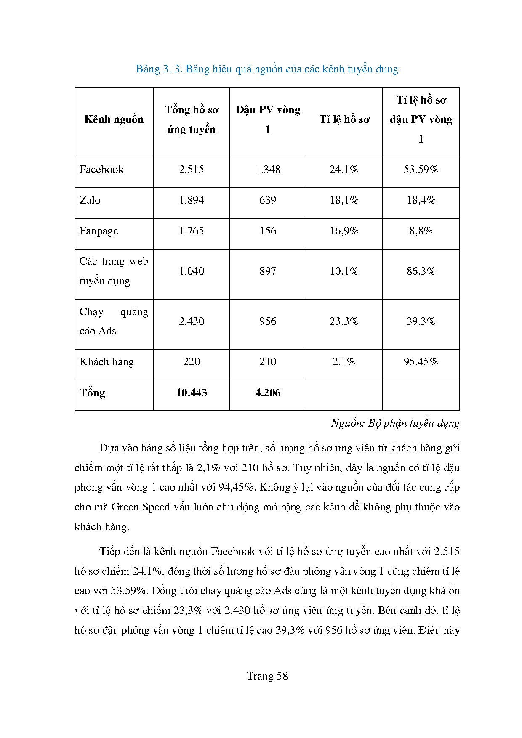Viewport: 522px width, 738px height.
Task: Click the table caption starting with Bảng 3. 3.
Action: point(267,69)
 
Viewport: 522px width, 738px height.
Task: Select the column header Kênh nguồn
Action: point(114,119)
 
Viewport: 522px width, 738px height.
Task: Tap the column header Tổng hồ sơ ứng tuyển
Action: point(192,119)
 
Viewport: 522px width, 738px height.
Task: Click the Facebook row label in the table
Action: point(101,170)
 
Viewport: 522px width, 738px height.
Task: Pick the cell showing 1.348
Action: point(268,170)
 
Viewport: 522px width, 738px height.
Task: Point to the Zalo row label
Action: point(90,200)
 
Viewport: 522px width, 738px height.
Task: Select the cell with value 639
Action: point(268,200)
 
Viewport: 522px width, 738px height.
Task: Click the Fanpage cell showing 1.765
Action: point(192,231)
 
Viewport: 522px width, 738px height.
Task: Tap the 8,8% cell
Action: point(421,231)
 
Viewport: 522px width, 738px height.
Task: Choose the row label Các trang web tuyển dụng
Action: point(114,271)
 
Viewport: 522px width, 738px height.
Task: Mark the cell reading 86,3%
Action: point(421,271)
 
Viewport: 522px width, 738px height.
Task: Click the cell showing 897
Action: point(268,271)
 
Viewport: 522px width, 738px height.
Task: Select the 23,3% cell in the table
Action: point(344,321)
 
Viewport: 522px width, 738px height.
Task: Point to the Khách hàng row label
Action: point(107,362)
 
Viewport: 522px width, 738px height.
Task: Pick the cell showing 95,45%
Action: point(421,362)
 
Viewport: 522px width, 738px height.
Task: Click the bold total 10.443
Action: point(192,393)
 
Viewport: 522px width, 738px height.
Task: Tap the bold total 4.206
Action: point(268,393)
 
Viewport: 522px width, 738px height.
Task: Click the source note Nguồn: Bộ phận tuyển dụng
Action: point(395,423)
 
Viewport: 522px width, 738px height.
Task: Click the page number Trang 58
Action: point(267,676)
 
